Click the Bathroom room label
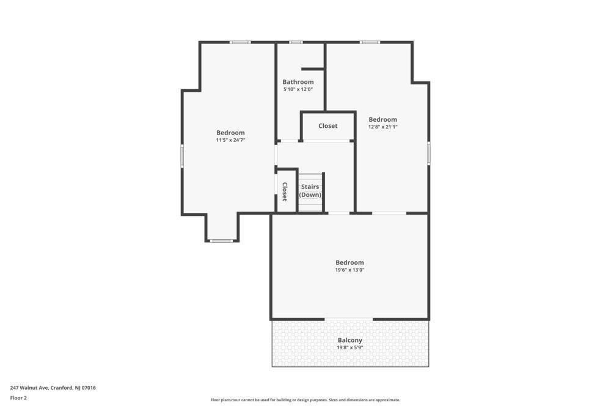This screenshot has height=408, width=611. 298,82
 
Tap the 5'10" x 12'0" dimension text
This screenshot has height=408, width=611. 298,89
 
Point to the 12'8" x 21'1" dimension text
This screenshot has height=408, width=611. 383,127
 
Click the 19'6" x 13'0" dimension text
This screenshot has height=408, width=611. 350,270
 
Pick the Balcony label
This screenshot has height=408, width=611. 350,340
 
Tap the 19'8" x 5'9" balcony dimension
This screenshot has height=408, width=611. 350,347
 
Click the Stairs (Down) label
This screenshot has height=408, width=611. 310,191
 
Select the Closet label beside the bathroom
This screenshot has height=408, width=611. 328,125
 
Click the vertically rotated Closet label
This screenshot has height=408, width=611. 285,191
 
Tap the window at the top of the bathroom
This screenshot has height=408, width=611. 296,42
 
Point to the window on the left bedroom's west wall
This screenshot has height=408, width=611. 182,157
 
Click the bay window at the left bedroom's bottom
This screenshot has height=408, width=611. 221,240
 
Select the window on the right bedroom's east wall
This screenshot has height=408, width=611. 429,153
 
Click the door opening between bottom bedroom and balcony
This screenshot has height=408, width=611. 348,319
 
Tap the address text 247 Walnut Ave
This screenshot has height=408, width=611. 29,388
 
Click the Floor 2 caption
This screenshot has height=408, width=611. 18,398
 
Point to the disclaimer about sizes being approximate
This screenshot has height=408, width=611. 305,400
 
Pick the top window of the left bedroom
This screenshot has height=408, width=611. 240,42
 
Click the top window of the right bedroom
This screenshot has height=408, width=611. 370,42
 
